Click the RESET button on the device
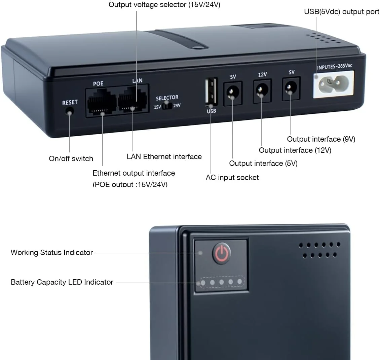click(x=70, y=112)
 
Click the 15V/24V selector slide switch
click(x=167, y=106)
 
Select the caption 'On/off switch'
click(x=71, y=158)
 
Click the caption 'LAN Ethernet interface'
click(x=164, y=156)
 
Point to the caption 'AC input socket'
click(x=232, y=177)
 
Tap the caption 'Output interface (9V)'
click(x=321, y=139)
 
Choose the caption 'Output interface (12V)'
click(x=295, y=150)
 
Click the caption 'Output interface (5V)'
click(x=263, y=163)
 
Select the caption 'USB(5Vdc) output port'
click(x=342, y=12)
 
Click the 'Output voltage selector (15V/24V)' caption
click(x=164, y=5)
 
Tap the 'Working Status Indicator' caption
click(x=52, y=252)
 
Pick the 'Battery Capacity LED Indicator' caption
click(x=62, y=282)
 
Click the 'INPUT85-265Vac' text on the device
click(x=335, y=66)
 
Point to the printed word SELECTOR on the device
click(x=167, y=98)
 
